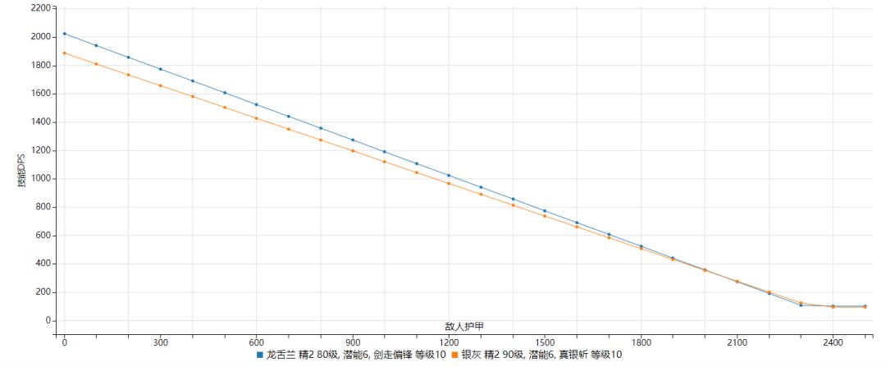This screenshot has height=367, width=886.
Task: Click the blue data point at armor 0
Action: coord(65,34)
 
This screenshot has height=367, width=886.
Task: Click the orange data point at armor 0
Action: coord(65,53)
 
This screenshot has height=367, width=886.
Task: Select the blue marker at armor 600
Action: coord(257,104)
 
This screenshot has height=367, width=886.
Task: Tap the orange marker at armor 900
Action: coord(353,151)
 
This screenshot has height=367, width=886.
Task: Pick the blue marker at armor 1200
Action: coord(449,176)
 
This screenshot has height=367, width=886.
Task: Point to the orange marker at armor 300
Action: coord(161,85)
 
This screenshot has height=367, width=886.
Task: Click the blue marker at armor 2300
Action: coord(801,305)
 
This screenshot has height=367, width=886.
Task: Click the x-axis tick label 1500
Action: coord(545,341)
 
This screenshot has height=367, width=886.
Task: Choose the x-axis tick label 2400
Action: coord(833,341)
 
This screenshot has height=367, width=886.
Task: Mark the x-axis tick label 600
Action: coord(257,341)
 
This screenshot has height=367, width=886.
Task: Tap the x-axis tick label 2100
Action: coord(737,341)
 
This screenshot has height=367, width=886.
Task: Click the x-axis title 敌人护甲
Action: coord(465,326)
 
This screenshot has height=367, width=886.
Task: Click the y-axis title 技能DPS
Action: coord(23,168)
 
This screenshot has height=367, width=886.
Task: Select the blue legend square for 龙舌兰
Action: coord(260,356)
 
